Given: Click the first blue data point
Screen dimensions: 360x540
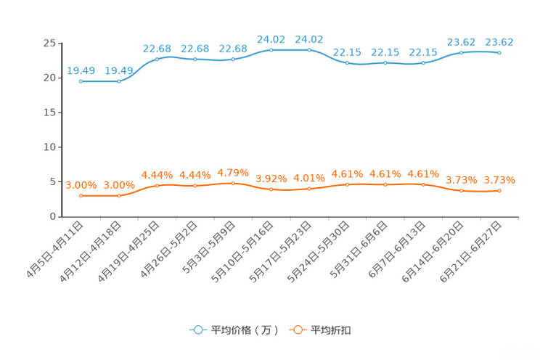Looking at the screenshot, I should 81,81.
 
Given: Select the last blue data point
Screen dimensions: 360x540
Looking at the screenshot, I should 499,52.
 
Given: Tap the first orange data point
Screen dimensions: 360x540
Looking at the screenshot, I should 81,196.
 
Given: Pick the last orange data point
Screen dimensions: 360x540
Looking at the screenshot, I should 499,191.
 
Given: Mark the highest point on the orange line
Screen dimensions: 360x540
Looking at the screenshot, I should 232,183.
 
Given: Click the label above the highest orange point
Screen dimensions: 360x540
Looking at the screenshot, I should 232,172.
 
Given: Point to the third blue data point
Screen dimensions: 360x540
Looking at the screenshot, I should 157,57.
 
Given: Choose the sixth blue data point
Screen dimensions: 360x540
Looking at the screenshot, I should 271,49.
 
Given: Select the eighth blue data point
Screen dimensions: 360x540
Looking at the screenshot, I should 347,63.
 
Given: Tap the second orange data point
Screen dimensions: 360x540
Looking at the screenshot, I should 118,196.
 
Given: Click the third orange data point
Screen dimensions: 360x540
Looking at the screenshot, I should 157,186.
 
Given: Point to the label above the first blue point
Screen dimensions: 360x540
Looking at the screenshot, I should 81,70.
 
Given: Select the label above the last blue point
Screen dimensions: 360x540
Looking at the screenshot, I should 499,41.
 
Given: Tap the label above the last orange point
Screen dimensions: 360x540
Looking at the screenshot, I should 500,179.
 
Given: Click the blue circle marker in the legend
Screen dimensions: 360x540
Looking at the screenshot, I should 197,330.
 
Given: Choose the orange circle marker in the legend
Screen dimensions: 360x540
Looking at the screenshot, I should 297,330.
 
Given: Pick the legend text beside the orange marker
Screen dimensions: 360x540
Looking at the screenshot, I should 332,330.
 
